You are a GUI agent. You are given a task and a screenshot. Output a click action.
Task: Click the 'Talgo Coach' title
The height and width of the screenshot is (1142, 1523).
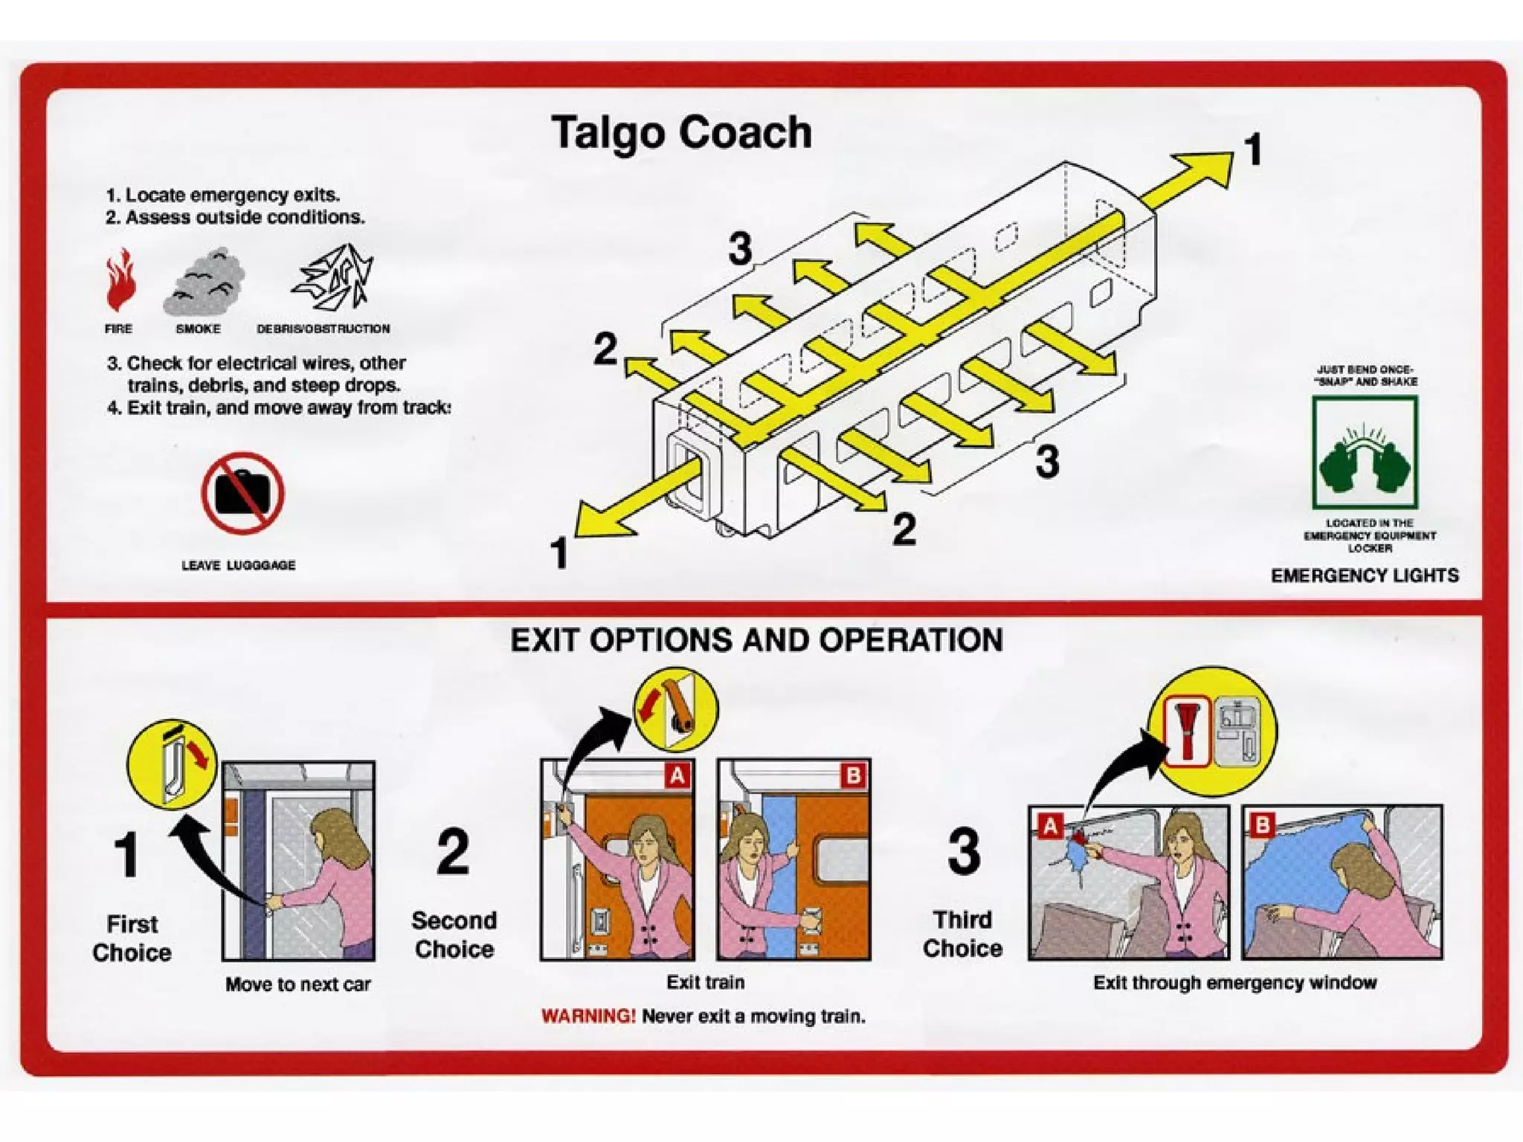(681, 134)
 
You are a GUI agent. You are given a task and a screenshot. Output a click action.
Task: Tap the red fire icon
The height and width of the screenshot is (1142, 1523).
(120, 280)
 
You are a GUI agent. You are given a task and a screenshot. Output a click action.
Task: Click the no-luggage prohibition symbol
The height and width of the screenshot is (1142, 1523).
(242, 493)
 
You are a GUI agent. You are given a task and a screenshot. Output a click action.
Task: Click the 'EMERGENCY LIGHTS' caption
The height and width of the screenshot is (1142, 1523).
(1365, 575)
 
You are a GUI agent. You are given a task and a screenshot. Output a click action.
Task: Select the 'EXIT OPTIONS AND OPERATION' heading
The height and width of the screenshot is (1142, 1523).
(756, 640)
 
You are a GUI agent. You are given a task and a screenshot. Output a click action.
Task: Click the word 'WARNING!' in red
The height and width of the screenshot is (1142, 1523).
(588, 1016)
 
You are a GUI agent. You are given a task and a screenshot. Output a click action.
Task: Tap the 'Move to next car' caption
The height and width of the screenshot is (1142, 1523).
(297, 984)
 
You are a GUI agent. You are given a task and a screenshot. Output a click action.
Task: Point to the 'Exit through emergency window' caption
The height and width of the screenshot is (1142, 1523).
(1234, 983)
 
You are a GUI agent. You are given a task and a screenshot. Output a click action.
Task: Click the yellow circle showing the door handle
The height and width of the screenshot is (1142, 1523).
(173, 764)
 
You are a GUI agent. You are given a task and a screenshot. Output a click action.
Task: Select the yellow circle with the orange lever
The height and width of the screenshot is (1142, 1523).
(675, 709)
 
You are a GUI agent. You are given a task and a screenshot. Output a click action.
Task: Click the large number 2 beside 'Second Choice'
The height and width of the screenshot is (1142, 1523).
(453, 852)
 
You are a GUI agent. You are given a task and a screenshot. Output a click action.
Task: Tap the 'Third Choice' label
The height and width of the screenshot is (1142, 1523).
(962, 934)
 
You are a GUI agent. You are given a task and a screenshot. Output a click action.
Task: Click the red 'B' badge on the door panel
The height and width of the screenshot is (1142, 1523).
(854, 776)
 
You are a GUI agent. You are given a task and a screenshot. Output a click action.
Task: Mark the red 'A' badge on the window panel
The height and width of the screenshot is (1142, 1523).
(1050, 825)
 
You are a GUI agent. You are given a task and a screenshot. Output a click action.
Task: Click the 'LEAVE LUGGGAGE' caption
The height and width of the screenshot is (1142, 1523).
(239, 565)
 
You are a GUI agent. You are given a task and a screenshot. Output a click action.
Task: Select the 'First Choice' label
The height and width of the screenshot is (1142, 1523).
(132, 938)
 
